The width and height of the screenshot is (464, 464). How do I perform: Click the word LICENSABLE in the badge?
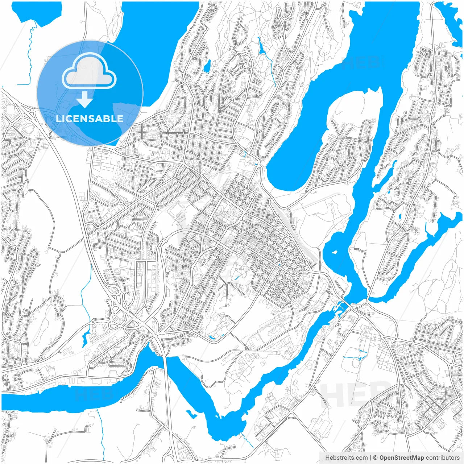click(90, 119)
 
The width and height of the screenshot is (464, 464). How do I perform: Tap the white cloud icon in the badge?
click(89, 72)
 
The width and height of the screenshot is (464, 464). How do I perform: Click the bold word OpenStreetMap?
click(401, 458)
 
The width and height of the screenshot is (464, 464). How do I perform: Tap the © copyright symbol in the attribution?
click(376, 458)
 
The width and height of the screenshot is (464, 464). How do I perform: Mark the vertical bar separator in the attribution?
click(370, 458)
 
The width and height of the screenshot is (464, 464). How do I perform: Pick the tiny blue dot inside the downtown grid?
click(279, 265)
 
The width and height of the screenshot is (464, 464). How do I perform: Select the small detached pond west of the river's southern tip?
click(190, 413)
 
